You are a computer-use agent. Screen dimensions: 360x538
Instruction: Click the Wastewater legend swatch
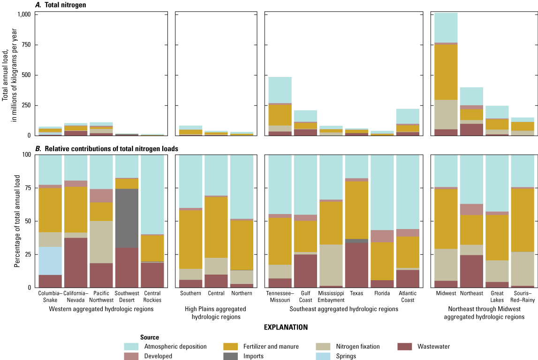coord(405,347)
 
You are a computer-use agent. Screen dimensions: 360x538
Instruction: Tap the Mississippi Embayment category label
coord(331,297)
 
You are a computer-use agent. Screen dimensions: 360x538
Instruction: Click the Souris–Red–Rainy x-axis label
coord(522,297)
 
